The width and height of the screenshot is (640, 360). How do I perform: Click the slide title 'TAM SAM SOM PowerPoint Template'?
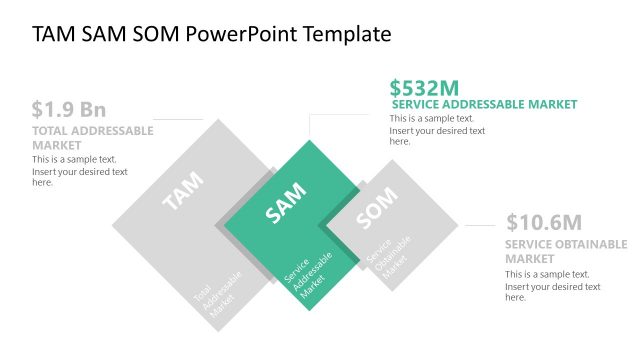pyautogui.click(x=211, y=35)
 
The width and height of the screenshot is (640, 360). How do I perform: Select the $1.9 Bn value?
pyautogui.click(x=68, y=109)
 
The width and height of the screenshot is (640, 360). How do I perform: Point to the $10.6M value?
pyautogui.click(x=544, y=223)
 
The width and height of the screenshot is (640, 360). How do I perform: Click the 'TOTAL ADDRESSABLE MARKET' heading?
pyautogui.click(x=92, y=138)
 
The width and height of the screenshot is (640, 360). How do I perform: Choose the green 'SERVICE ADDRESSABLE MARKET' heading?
pyautogui.click(x=484, y=104)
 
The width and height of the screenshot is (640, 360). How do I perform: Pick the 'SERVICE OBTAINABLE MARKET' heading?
pyautogui.click(x=566, y=251)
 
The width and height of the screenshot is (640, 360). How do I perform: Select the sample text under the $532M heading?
pyautogui.click(x=437, y=130)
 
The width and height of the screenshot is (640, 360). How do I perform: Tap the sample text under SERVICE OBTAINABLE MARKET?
pyautogui.click(x=552, y=286)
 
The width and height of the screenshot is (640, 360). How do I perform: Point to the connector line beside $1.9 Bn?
pyautogui.click(x=179, y=120)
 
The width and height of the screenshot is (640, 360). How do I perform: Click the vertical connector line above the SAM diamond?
pyautogui.click(x=310, y=126)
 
